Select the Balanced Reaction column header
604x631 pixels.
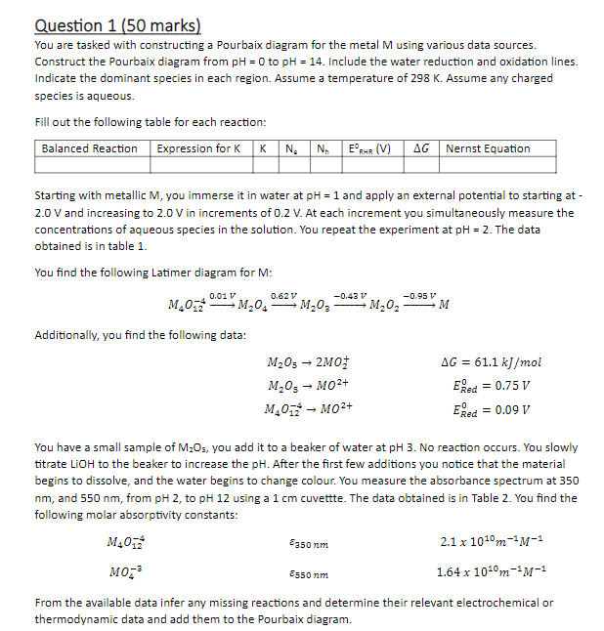coord(89,148)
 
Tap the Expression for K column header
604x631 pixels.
coord(198,148)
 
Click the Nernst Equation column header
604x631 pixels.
coord(488,148)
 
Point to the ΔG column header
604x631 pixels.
coord(422,148)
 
